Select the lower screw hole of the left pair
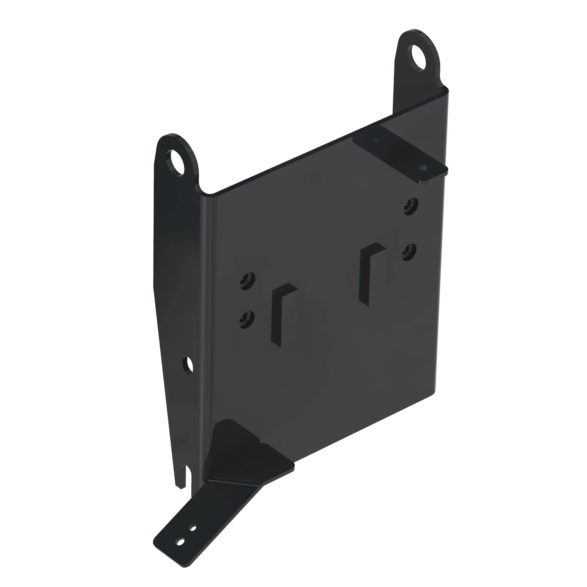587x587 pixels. (247, 319)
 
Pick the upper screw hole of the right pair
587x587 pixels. (411, 206)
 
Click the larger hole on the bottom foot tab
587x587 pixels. (181, 549)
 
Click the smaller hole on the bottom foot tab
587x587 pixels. (193, 537)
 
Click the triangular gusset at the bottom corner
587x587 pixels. (237, 453)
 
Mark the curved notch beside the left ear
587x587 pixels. (207, 190)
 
